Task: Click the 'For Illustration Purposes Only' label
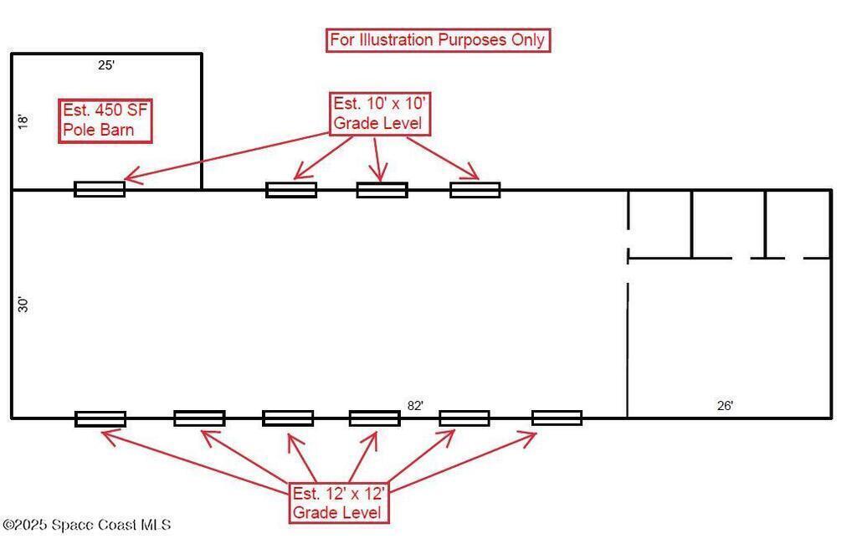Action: coord(438,40)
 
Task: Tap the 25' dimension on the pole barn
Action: coord(105,64)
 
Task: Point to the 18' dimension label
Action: coord(23,121)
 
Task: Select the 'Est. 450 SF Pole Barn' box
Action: coord(105,121)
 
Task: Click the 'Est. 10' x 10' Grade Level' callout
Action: coord(381,114)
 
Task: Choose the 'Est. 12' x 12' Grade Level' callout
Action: coord(339,502)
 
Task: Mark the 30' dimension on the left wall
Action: coord(23,305)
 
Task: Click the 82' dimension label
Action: coord(415,405)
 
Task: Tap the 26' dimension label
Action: coord(725,406)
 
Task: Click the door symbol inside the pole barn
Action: coord(100,189)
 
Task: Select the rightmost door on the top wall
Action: coord(475,190)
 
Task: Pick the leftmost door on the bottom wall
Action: coord(100,418)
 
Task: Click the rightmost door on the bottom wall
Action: coord(557,418)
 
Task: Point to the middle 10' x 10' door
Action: coord(382,190)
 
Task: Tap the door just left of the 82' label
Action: coord(374,418)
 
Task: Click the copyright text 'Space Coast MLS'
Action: coord(87,525)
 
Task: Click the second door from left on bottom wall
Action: coord(199,418)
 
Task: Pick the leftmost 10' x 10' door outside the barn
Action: coord(291,190)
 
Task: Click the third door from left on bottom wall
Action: coord(288,418)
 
